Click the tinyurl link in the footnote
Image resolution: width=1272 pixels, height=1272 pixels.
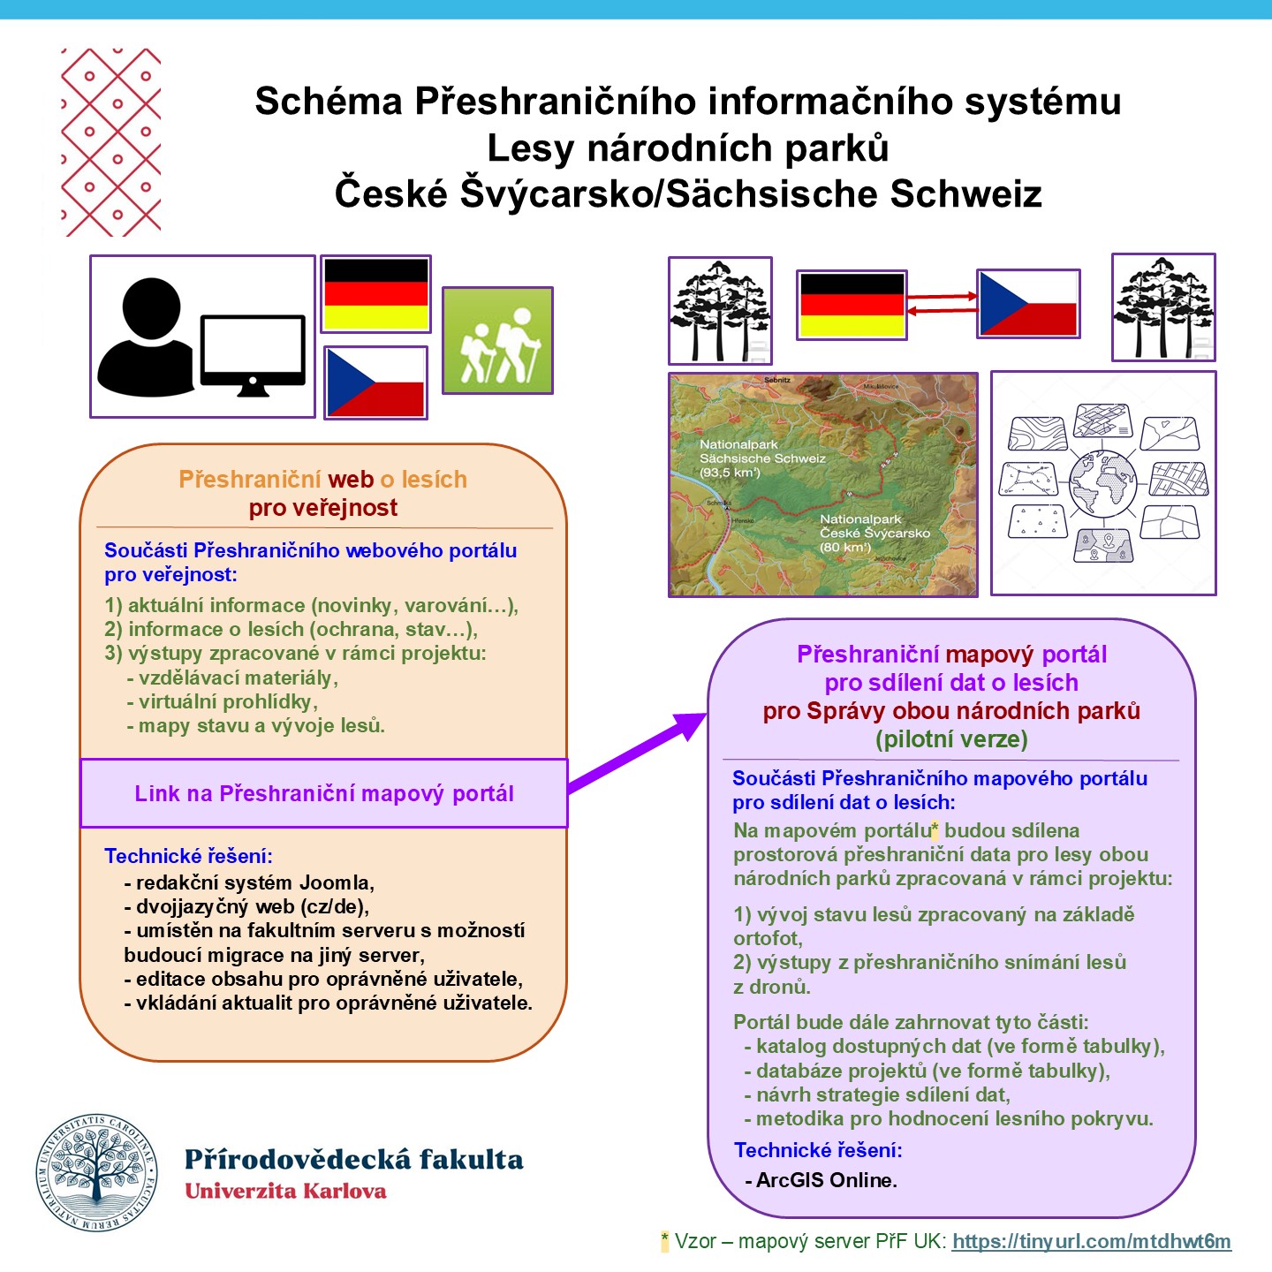click(1091, 1241)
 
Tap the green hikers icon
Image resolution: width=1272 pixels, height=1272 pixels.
click(497, 340)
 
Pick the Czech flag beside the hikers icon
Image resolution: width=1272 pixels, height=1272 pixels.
click(375, 382)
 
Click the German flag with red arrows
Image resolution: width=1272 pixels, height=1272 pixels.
click(852, 305)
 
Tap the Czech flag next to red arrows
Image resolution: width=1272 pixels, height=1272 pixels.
click(1028, 304)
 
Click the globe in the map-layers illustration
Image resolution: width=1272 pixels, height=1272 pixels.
click(1102, 484)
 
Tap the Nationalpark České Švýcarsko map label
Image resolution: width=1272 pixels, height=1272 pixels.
click(874, 533)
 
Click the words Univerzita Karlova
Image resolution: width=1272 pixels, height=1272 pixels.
click(285, 1192)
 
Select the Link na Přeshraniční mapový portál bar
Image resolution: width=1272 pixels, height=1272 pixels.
click(323, 793)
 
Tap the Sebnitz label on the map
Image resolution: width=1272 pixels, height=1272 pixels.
click(777, 380)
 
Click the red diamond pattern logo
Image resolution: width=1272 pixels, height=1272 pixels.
click(111, 142)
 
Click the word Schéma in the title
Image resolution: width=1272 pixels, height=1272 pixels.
click(329, 102)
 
